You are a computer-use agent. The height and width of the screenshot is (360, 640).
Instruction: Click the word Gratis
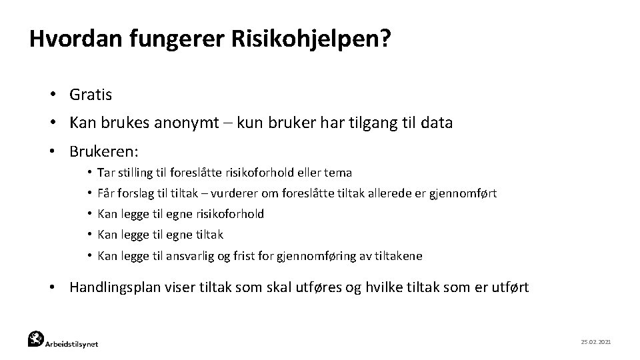pos(91,95)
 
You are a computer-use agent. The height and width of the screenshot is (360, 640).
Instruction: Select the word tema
pos(339,173)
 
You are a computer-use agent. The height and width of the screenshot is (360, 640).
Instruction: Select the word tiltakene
pos(398,255)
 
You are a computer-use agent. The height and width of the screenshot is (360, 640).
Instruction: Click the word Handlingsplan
pos(110,287)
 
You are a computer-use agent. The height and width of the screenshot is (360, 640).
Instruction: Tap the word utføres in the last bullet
pos(317,287)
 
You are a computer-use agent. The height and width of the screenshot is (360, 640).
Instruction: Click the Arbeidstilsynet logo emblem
pos(36,339)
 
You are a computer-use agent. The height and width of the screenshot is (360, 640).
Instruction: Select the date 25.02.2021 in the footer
pos(596,341)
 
